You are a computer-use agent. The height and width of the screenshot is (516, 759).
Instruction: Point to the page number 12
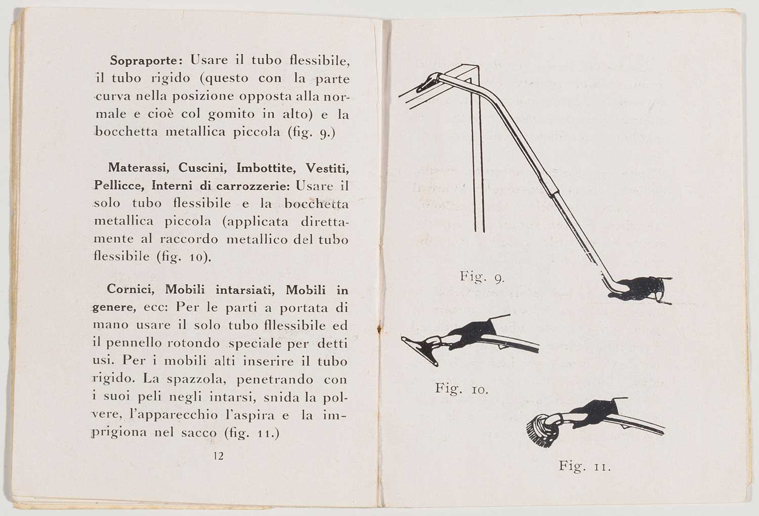tap(219, 456)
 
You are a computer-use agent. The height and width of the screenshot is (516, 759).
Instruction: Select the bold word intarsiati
tap(246, 290)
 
